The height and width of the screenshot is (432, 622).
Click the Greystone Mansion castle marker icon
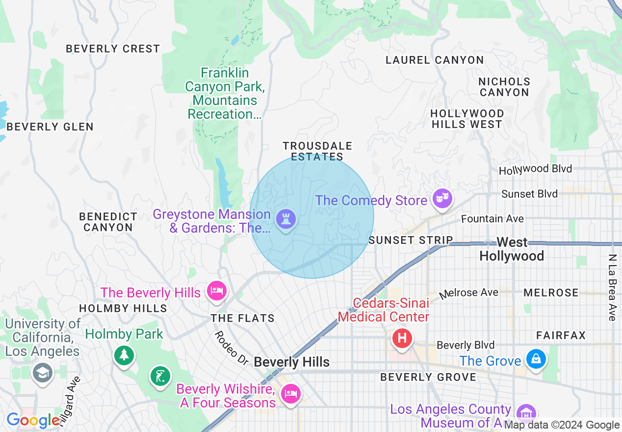click(x=285, y=218)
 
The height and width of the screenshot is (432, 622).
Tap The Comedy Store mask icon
click(x=442, y=198)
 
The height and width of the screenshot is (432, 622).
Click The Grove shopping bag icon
click(x=536, y=359)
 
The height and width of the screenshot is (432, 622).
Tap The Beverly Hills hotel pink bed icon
click(x=216, y=291)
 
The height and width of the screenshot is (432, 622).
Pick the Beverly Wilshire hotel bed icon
click(x=290, y=394)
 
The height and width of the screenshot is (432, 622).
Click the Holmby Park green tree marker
click(x=124, y=354)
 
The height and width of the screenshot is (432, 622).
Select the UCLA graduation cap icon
click(x=43, y=373)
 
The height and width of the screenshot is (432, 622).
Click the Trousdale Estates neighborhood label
click(x=317, y=151)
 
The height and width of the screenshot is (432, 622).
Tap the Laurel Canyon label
click(x=435, y=60)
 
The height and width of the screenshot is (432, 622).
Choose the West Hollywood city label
click(x=512, y=249)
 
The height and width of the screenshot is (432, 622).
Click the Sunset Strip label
click(x=411, y=240)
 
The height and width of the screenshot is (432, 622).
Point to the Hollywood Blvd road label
click(x=535, y=169)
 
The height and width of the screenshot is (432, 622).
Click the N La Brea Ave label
click(x=612, y=287)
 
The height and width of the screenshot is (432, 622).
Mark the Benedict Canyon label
click(x=108, y=222)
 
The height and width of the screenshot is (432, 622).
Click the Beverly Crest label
click(x=113, y=49)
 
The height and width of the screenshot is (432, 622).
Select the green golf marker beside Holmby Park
click(x=160, y=376)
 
